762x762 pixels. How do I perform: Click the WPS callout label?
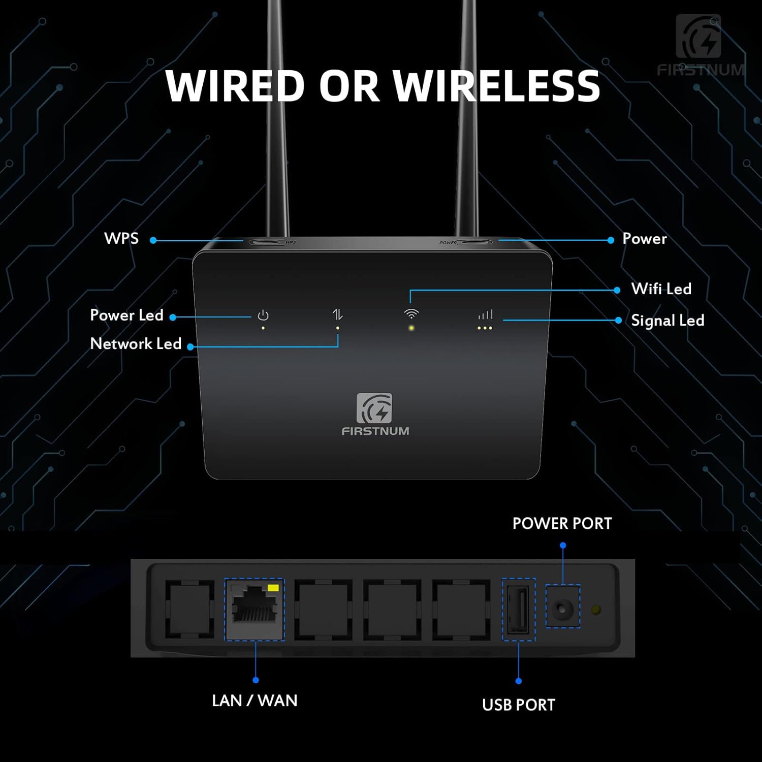tap(121, 238)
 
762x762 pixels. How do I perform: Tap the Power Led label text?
tap(126, 315)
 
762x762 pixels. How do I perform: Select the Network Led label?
tap(136, 343)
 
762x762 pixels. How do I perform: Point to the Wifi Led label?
tap(661, 289)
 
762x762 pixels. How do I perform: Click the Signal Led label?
tap(668, 320)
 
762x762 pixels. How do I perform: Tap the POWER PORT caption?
tap(562, 523)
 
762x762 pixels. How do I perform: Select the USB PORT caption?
tap(518, 705)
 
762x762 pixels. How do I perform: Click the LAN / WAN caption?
tap(255, 700)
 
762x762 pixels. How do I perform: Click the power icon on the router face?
tap(263, 315)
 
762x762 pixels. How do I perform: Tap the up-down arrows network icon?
tap(337, 314)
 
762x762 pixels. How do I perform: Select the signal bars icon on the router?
tap(485, 315)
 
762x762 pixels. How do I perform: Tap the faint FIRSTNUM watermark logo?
tap(700, 46)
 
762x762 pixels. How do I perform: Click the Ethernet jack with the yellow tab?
tap(255, 609)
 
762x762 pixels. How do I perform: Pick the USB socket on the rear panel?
tap(518, 609)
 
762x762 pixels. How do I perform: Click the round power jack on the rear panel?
tap(562, 608)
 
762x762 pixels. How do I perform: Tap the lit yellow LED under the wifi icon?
tap(411, 328)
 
